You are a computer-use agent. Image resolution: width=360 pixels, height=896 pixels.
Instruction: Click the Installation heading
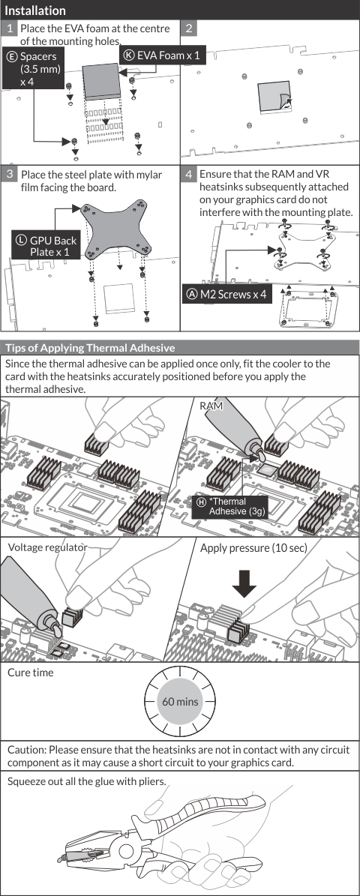[x=34, y=10]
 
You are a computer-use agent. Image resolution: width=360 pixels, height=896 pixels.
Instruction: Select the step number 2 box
[x=188, y=28]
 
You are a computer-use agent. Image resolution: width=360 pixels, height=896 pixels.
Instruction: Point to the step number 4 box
[x=188, y=174]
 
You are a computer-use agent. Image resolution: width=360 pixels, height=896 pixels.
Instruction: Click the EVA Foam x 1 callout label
[x=162, y=55]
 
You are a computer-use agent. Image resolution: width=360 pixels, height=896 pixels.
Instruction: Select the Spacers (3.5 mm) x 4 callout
[x=33, y=68]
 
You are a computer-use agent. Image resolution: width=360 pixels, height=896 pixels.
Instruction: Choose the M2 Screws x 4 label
[x=226, y=295]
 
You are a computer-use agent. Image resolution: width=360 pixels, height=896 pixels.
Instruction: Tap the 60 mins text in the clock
[x=180, y=700]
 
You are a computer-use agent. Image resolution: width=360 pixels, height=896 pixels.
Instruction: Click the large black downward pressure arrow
[x=244, y=577]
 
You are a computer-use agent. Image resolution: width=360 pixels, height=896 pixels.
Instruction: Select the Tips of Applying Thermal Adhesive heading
[x=90, y=347]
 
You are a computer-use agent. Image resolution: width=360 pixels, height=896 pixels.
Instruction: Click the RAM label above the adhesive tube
[x=211, y=406]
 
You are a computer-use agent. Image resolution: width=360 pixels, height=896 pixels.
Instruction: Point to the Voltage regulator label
[x=47, y=547]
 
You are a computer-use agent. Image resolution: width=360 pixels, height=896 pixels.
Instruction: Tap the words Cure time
[x=30, y=673]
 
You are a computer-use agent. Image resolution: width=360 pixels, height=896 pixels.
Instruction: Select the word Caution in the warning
[x=26, y=749]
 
